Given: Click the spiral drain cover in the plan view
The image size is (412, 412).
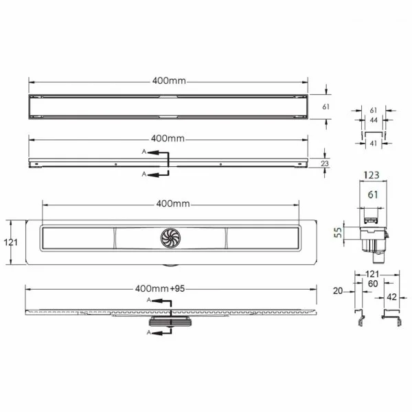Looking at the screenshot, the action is (x=170, y=238).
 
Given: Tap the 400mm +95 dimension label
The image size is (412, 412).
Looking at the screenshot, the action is (x=160, y=289).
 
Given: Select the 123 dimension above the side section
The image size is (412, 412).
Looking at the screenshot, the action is (x=371, y=175).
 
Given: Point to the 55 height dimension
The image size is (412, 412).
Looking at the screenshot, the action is (x=338, y=233).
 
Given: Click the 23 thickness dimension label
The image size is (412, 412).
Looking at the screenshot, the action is (x=325, y=163).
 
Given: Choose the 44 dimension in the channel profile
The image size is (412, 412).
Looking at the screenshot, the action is (x=374, y=120).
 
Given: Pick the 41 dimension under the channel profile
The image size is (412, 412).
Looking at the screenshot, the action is (x=374, y=144).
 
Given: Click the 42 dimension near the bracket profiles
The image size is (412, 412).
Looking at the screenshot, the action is (x=391, y=297).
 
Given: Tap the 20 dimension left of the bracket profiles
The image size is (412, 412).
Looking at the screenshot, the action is (x=338, y=291).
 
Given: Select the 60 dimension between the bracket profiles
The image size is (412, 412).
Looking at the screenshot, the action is (x=373, y=284).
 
